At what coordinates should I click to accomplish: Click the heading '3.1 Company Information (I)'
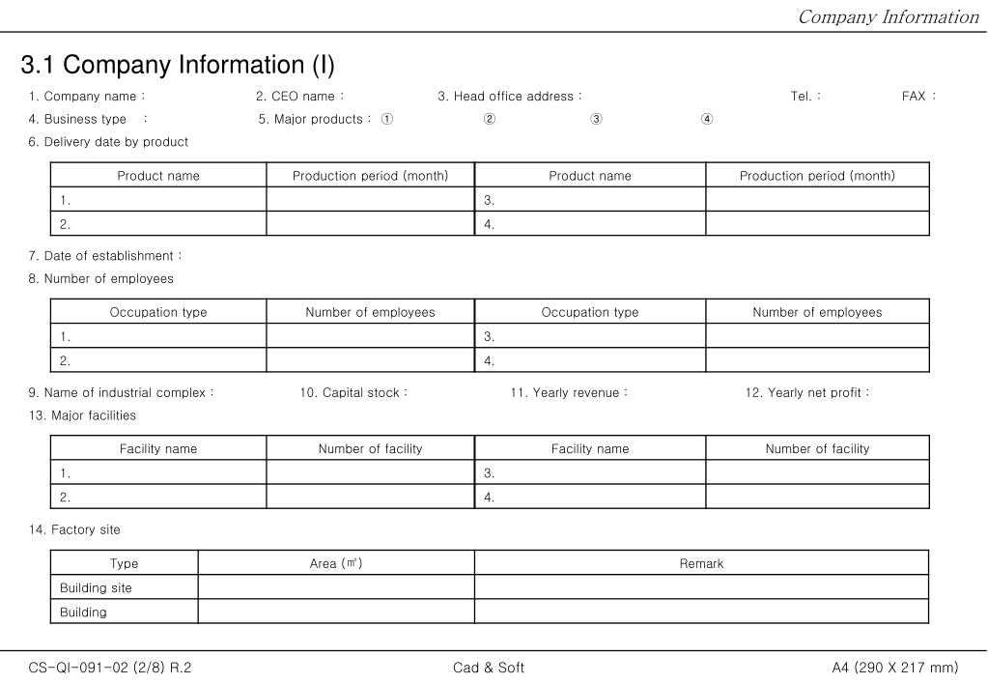pyautogui.click(x=178, y=66)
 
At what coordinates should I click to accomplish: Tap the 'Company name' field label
pyautogui.click(x=90, y=97)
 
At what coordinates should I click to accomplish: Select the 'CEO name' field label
pyautogui.click(x=300, y=97)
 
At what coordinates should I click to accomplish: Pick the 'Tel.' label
pyautogui.click(x=802, y=97)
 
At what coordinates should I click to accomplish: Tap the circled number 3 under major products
pyautogui.click(x=597, y=120)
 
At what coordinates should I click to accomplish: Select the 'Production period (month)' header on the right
pyautogui.click(x=817, y=176)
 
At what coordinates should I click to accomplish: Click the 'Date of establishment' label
pyautogui.click(x=105, y=256)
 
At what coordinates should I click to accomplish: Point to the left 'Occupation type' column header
pyautogui.click(x=158, y=312)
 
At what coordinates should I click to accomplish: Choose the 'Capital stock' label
pyautogui.click(x=353, y=393)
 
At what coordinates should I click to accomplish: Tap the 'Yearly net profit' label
pyautogui.click(x=807, y=393)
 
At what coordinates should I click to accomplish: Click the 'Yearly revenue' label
pyautogui.click(x=569, y=393)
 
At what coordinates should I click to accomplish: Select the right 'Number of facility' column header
pyautogui.click(x=817, y=448)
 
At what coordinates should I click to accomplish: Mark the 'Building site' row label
pyautogui.click(x=96, y=588)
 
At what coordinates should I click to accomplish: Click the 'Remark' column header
pyautogui.click(x=701, y=564)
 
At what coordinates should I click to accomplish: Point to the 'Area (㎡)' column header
pyautogui.click(x=336, y=564)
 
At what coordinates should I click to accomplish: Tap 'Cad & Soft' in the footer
pyautogui.click(x=489, y=668)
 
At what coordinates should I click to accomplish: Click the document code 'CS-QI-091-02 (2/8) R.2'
pyautogui.click(x=110, y=668)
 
